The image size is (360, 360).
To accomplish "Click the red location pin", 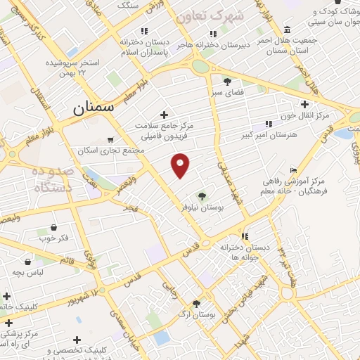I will click(181, 165).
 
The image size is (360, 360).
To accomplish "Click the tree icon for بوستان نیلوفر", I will click(202, 197).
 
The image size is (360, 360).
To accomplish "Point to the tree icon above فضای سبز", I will click(226, 81).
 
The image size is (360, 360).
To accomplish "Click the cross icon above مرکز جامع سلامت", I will click(165, 115).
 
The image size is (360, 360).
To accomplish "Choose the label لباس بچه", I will click(31, 271).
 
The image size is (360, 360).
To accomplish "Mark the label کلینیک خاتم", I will click(17, 307).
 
